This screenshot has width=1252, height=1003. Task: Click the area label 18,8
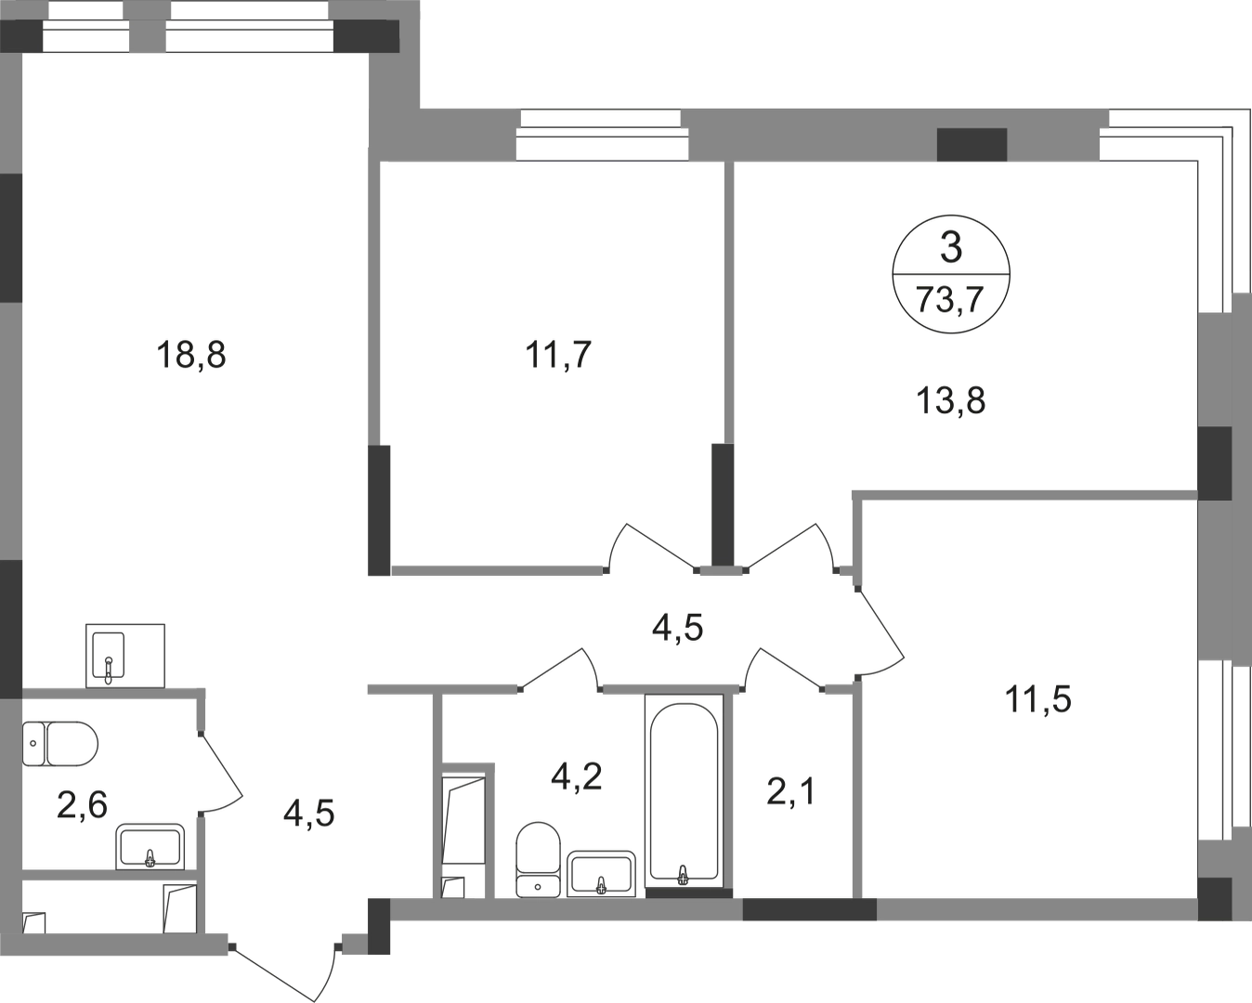[x=190, y=355]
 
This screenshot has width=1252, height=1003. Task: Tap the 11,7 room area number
[x=558, y=355]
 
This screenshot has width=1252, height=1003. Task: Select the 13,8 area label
[x=951, y=401]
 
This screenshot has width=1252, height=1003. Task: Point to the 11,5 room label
[x=1037, y=699]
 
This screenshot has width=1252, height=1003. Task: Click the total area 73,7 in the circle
[x=950, y=300]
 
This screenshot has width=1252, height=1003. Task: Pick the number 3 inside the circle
[x=951, y=248]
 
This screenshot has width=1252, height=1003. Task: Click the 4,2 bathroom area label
[x=576, y=776]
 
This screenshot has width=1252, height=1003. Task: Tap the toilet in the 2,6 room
[x=60, y=744]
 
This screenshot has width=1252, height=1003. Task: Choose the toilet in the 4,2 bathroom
[x=538, y=859]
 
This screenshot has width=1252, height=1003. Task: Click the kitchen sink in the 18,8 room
[x=125, y=655]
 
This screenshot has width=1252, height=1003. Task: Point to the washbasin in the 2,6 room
[x=150, y=846]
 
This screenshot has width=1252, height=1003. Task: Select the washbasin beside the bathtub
[x=601, y=873]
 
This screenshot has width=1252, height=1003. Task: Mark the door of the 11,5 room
[x=880, y=632]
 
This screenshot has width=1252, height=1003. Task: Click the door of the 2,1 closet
[x=783, y=669]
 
